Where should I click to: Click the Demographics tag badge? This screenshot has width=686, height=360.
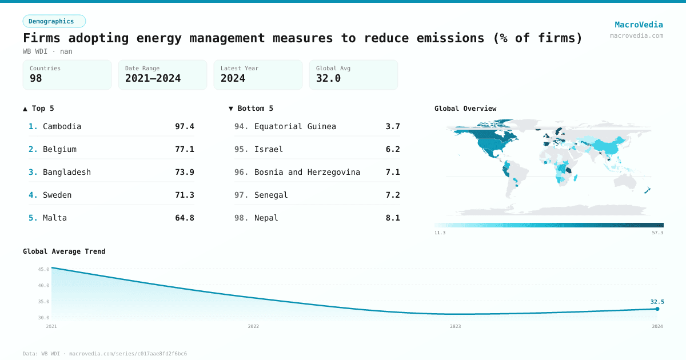pos(54,21)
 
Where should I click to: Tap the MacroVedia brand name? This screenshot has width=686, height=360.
pos(639,25)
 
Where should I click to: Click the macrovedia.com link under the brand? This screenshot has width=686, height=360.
pos(636,35)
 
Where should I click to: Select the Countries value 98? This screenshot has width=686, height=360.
pos(36,78)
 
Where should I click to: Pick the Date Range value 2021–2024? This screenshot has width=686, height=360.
pos(153,78)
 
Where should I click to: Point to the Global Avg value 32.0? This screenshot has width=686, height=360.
pos(328,78)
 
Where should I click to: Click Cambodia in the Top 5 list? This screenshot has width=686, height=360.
pos(62,126)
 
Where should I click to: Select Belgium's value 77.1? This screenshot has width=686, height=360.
pos(184,149)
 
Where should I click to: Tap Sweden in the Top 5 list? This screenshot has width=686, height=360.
pos(57,195)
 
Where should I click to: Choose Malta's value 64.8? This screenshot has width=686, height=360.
pos(184,218)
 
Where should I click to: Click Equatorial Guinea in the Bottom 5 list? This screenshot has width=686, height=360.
pos(295,126)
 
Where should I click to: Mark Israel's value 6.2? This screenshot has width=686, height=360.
pos(393,149)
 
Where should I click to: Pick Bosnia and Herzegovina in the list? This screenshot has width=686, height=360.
pos(307,172)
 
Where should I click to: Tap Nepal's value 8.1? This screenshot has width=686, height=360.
pos(393,218)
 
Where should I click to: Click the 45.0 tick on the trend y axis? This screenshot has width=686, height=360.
pos(43,269)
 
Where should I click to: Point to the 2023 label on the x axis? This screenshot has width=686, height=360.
pos(455,326)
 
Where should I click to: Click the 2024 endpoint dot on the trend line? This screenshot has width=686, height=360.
pos(657,309)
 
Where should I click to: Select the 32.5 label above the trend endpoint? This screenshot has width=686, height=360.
pos(657,302)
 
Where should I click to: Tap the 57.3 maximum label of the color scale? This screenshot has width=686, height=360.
pos(658,233)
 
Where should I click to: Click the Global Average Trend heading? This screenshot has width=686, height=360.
pos(64,251)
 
